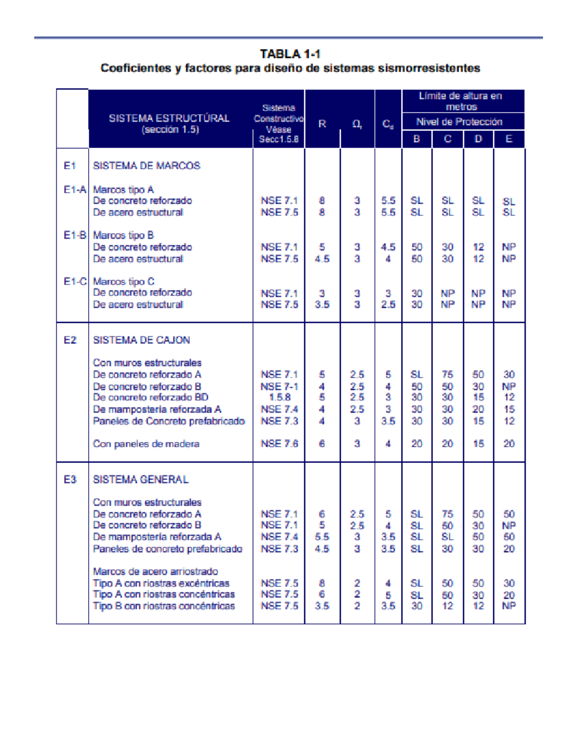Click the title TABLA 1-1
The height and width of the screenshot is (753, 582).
pos(290,54)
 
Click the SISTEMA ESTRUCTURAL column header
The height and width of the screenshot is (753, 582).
pos(169,123)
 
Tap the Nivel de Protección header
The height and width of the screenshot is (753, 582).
pos(459,122)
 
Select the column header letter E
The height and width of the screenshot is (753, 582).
pos(509,139)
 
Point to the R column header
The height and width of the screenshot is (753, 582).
pos(322,124)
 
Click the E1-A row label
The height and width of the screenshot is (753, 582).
pos(75,190)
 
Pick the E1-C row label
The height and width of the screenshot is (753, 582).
pos(75,281)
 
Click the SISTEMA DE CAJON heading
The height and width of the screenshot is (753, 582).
pos(141,340)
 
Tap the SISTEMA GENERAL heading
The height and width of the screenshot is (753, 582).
pos(141,480)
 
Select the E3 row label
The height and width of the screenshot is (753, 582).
pos(70,480)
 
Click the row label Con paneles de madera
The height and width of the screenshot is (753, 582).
pos(146,444)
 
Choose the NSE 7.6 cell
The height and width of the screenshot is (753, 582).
pos(279,444)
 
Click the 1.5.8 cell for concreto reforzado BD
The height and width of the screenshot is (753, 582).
pos(279,398)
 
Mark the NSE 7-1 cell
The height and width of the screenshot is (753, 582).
pos(279,386)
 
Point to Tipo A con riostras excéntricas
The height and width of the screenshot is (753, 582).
pos(161,583)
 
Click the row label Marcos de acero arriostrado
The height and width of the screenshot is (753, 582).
pos(155,572)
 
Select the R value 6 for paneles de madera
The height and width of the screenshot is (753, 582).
pos(322,444)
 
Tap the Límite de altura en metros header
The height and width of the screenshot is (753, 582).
pos(461,101)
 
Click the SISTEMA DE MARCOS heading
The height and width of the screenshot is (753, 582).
pos(146,166)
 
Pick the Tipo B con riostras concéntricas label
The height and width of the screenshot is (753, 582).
pos(164,606)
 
